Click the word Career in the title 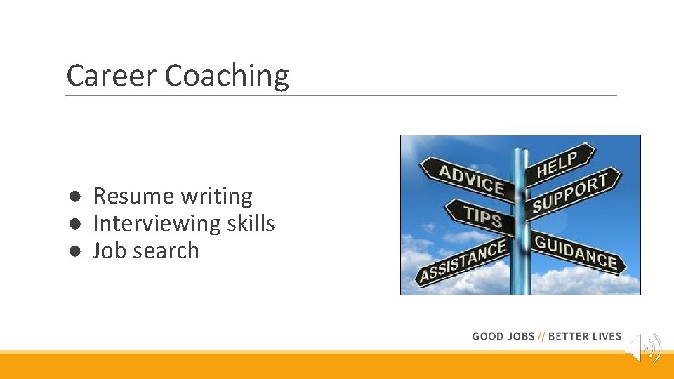[x=112, y=76]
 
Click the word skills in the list [x=251, y=224]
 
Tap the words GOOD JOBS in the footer [x=503, y=337]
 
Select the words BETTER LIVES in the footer [x=585, y=337]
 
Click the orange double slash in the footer [x=541, y=337]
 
